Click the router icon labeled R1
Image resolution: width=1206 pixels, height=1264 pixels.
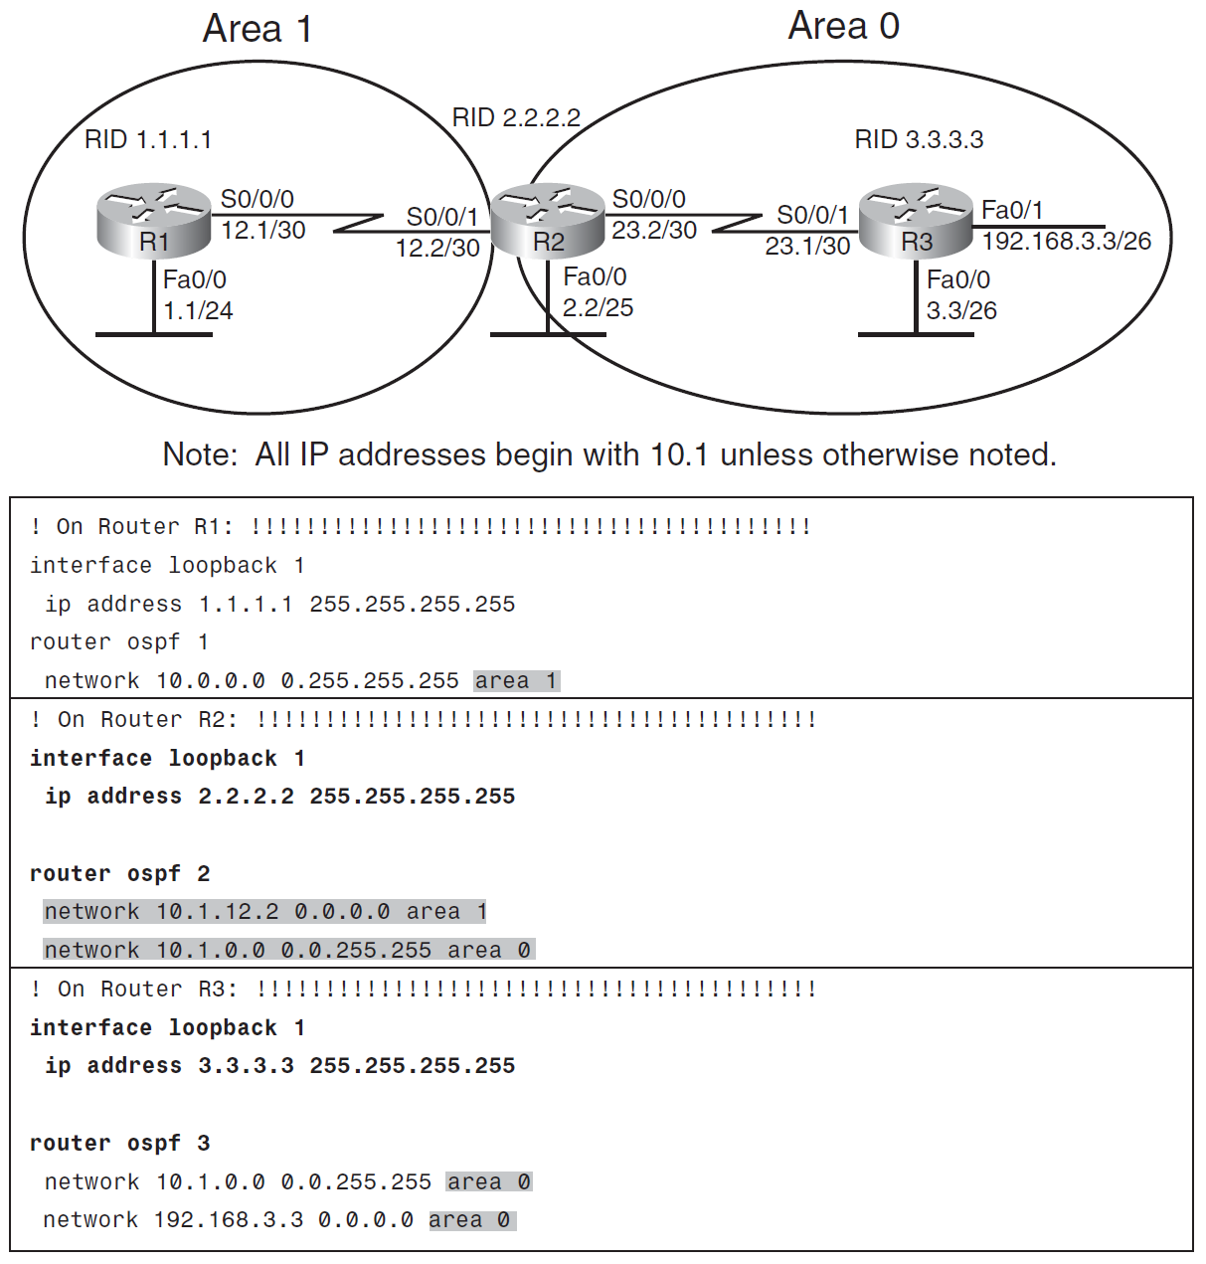154,218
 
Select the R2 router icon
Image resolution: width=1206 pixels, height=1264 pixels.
548,218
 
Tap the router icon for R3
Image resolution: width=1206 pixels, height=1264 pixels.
915,218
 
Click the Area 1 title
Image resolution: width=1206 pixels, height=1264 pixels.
258,29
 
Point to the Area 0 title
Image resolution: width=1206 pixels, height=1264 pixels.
843,26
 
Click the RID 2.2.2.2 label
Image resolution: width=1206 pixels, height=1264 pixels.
516,117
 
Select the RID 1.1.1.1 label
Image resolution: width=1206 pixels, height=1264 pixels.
148,139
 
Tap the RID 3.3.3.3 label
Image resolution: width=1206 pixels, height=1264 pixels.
919,139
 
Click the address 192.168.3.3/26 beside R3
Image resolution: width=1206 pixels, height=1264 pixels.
1066,241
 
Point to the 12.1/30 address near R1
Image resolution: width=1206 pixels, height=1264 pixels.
262,230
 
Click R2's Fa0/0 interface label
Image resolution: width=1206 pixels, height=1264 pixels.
595,276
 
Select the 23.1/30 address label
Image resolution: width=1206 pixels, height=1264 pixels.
807,246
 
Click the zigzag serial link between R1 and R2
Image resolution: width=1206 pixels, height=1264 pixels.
358,222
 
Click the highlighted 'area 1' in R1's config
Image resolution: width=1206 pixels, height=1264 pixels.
517,680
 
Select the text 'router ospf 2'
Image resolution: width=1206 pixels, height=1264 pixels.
120,873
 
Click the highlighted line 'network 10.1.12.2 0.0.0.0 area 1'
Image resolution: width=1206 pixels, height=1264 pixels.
264,911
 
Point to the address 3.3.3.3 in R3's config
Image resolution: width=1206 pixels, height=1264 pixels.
246,1065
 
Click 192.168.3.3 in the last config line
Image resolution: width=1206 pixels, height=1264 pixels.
229,1219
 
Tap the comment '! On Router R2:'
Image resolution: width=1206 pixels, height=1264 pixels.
134,719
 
